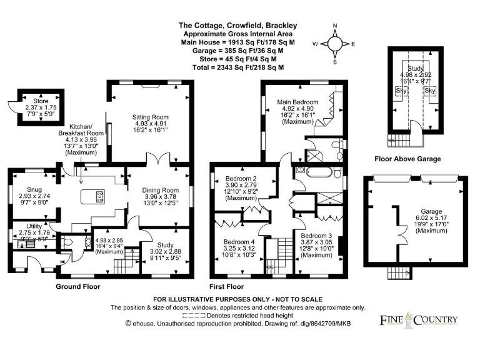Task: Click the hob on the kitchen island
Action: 100,197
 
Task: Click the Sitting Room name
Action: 150,117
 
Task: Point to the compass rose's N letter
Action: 335,26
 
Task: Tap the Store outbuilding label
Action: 31,101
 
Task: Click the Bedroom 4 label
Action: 237,242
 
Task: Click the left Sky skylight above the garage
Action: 400,91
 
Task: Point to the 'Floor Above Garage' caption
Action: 407,159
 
